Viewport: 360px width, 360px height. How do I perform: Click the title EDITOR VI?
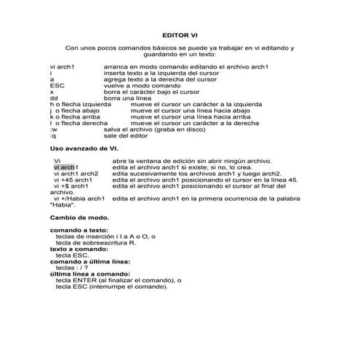click(180, 33)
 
